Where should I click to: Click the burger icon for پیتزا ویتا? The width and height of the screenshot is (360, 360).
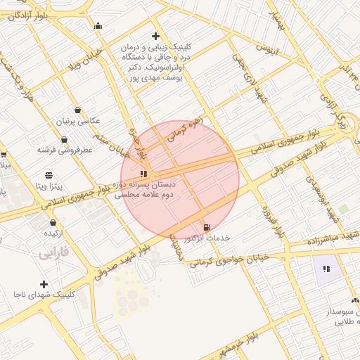click(49, 175)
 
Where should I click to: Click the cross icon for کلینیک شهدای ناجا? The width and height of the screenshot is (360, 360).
click(44, 284)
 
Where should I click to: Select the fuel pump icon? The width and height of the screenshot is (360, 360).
click(206, 227)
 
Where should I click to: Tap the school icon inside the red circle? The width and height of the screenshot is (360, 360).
click(143, 173)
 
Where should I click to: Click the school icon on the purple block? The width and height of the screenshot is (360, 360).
click(326, 269)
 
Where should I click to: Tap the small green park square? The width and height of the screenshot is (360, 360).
click(343, 210)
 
